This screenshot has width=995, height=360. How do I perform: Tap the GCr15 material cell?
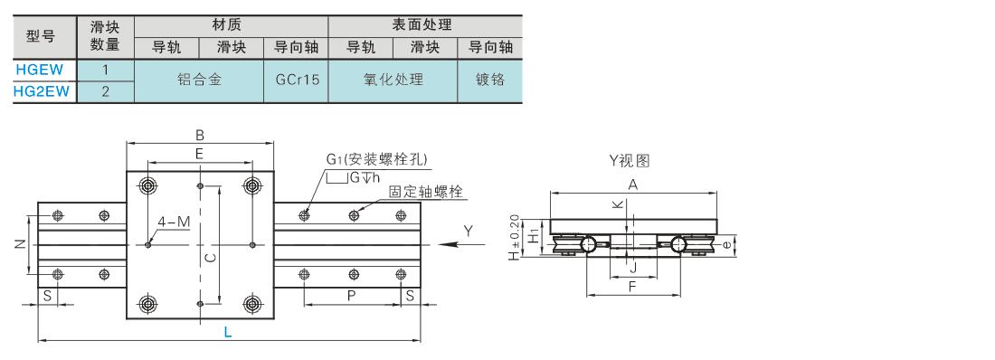point(296,81)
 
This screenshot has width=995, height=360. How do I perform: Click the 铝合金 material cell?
point(199,81)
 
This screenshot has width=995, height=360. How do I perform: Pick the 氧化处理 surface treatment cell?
point(393,81)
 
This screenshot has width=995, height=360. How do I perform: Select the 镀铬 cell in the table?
point(490,81)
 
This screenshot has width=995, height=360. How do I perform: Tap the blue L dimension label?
point(228,331)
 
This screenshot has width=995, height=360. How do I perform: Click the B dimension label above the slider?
point(199,135)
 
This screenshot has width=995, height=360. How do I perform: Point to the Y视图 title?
point(630,161)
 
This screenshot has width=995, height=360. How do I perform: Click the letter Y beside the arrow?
point(468,232)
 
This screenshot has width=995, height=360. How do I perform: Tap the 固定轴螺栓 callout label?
point(426,191)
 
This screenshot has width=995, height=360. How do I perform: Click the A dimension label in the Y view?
point(632,185)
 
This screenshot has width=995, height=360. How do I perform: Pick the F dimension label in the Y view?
point(632,287)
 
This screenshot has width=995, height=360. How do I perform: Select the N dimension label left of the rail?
point(19,244)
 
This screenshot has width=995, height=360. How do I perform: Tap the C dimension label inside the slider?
point(213,257)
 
